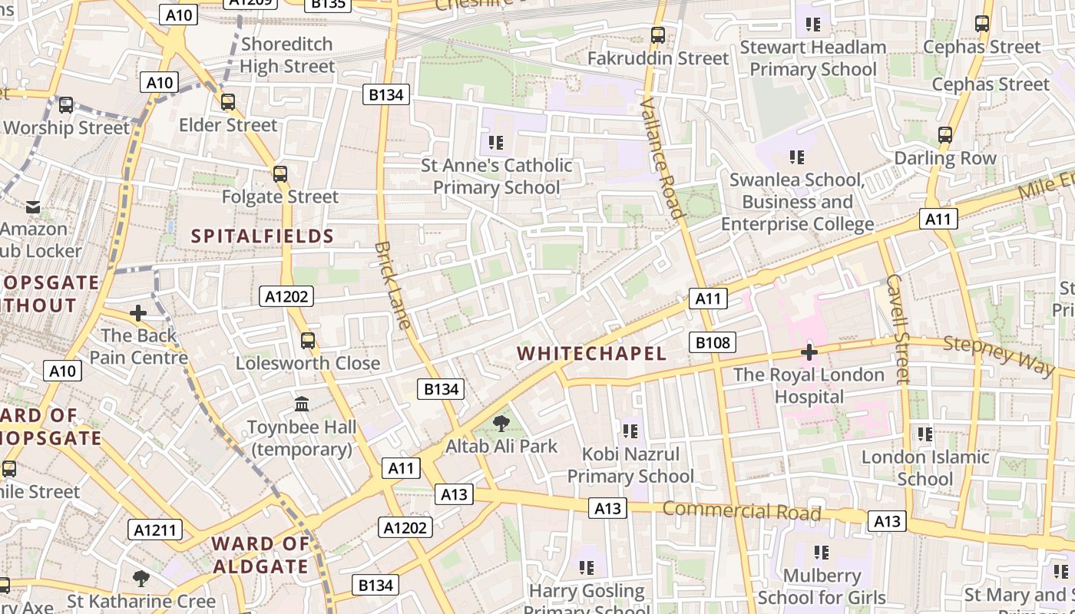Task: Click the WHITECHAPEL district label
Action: pos(591,353)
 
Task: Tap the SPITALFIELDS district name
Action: pos(263,236)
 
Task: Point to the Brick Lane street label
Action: pos(393,285)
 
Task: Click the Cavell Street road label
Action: pos(897,328)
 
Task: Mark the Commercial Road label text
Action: pos(742,511)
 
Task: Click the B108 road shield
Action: pos(713,342)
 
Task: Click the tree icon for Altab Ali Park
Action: pos(501,423)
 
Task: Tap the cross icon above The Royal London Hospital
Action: pos(809,352)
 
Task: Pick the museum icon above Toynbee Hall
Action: pos(302,404)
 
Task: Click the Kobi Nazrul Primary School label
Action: pos(630,465)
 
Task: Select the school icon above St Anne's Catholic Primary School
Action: pos(496,142)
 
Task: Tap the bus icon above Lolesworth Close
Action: pos(308,340)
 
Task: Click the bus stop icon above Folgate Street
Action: pos(280,174)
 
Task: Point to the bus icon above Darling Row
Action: pos(945,136)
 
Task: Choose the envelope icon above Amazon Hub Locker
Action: pos(33,206)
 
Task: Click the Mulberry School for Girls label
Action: pos(822,586)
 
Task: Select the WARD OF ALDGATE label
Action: pos(260,555)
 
